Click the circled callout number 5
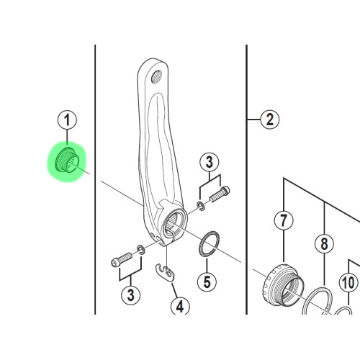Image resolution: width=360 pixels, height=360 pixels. coord(207,281)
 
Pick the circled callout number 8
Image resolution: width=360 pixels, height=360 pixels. coord(325,244)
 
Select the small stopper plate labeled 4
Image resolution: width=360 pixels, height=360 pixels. coord(167,272)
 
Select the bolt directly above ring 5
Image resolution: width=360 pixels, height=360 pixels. coord(218,194)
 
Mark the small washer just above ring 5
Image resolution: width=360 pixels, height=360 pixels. coord(200,206)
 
